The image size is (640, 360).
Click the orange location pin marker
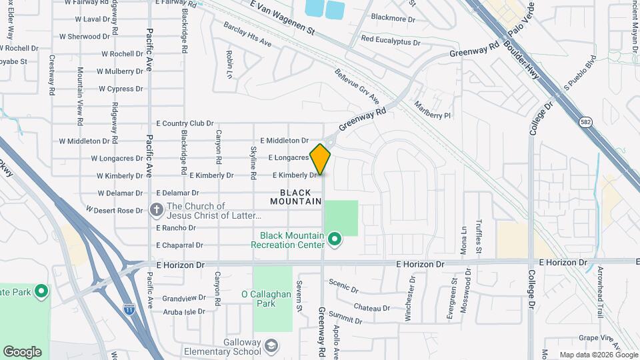321,159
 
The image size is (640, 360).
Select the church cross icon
157,211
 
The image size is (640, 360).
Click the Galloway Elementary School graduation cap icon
271,346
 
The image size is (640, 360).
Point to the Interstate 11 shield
129,309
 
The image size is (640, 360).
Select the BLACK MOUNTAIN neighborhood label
296,197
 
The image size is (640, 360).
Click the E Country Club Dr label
185,123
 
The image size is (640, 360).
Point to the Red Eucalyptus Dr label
391,41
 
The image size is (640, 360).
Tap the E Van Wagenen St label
282,18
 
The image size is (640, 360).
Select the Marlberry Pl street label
433,110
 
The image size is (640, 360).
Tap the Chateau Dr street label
372,307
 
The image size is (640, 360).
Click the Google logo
22,352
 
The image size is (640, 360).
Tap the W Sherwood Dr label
84,37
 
